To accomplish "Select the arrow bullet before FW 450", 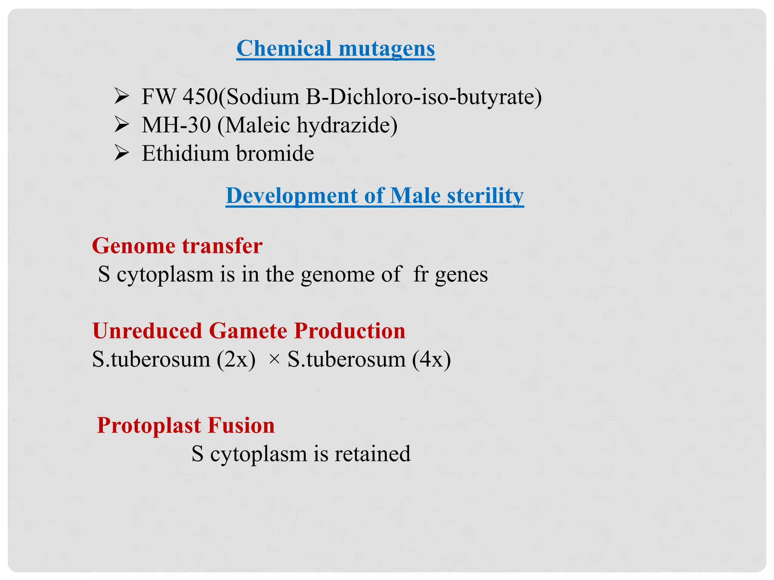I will pyautogui.click(x=122, y=96).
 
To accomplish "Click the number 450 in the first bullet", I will pyautogui.click(x=200, y=97).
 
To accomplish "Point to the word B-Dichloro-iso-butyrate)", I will pyautogui.click(x=424, y=97).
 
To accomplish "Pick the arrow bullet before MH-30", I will pyautogui.click(x=122, y=125).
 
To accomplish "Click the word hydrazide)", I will pyautogui.click(x=347, y=125).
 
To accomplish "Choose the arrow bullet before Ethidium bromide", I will pyautogui.click(x=122, y=153).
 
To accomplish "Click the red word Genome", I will pyautogui.click(x=134, y=246).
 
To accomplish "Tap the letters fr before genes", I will pyautogui.click(x=421, y=274).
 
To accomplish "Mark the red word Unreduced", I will pyautogui.click(x=147, y=331).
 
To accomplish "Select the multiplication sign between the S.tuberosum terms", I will pyautogui.click(x=274, y=359).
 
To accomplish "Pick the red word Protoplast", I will pyautogui.click(x=149, y=425).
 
